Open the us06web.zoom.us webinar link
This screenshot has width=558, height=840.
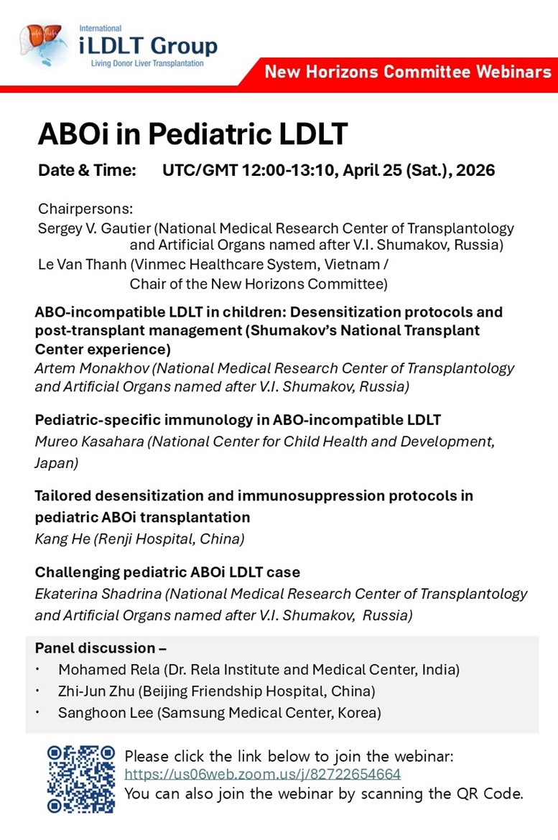pyautogui.click(x=262, y=774)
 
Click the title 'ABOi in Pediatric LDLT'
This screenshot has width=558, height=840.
pyautogui.click(x=192, y=134)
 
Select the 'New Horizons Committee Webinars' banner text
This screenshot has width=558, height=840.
pyautogui.click(x=407, y=72)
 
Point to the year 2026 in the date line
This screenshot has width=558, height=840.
pyautogui.click(x=475, y=171)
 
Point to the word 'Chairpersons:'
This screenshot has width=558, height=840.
pyautogui.click(x=85, y=210)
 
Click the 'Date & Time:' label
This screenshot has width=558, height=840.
pyautogui.click(x=87, y=171)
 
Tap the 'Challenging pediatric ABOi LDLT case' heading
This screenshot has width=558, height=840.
pyautogui.click(x=167, y=572)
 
